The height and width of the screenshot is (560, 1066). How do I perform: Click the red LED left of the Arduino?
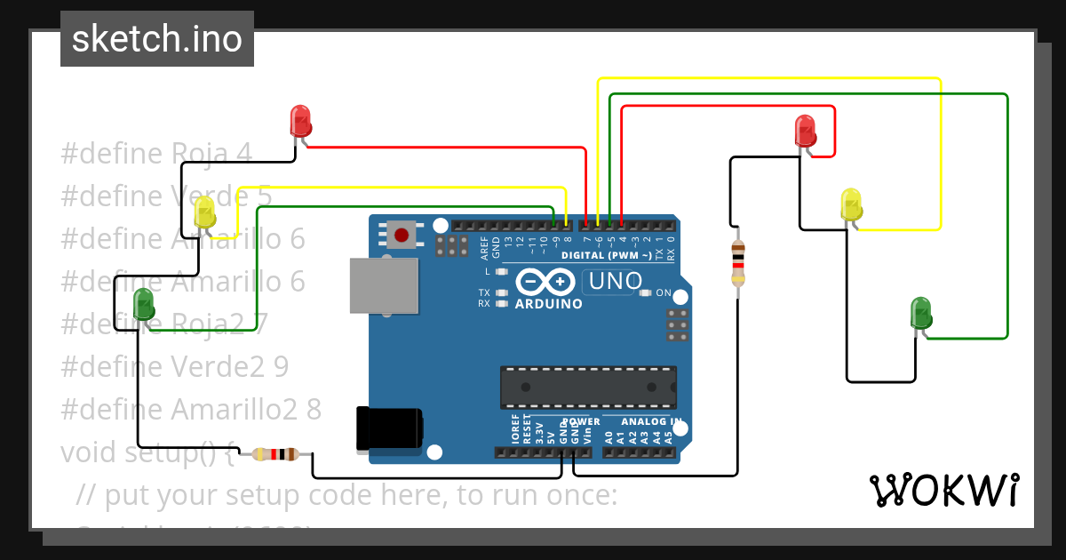click(300, 121)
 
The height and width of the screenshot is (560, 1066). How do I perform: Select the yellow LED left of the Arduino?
click(204, 212)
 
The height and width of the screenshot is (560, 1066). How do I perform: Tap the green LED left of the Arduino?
click(143, 305)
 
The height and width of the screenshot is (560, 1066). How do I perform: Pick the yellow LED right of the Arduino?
click(851, 204)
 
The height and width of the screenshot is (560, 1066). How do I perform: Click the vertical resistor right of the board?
click(737, 263)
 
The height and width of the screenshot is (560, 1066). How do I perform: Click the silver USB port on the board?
click(384, 285)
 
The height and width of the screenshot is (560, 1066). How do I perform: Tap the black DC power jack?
click(389, 428)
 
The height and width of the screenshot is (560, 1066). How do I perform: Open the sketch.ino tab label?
click(157, 39)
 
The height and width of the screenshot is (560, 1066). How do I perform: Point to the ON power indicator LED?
click(646, 292)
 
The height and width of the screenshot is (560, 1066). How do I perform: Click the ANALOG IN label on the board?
click(651, 421)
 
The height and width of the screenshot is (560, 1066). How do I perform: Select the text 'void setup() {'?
click(147, 452)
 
